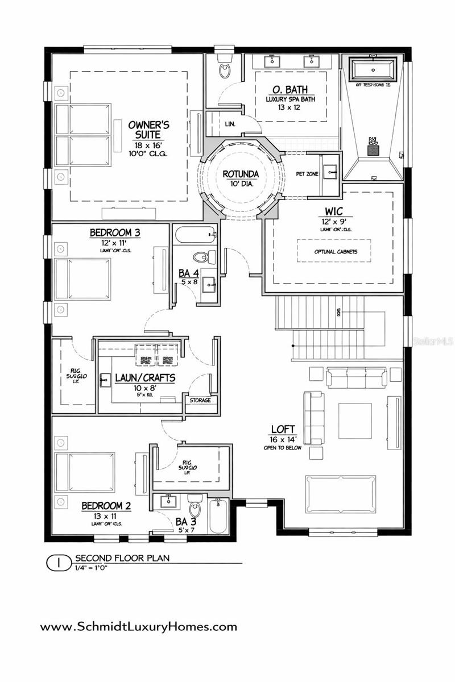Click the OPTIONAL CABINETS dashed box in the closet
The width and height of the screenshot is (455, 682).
pos(334,251)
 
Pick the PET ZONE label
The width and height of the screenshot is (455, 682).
pos(307,173)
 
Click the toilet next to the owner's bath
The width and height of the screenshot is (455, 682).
pos(225,70)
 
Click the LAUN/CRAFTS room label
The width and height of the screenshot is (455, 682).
pos(144,377)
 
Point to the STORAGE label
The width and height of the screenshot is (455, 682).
pos(200,401)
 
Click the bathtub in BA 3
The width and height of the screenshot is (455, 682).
pos(218,516)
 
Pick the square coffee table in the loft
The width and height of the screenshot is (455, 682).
pos(355,421)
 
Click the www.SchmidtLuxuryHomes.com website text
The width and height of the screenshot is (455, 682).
pos(138,627)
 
